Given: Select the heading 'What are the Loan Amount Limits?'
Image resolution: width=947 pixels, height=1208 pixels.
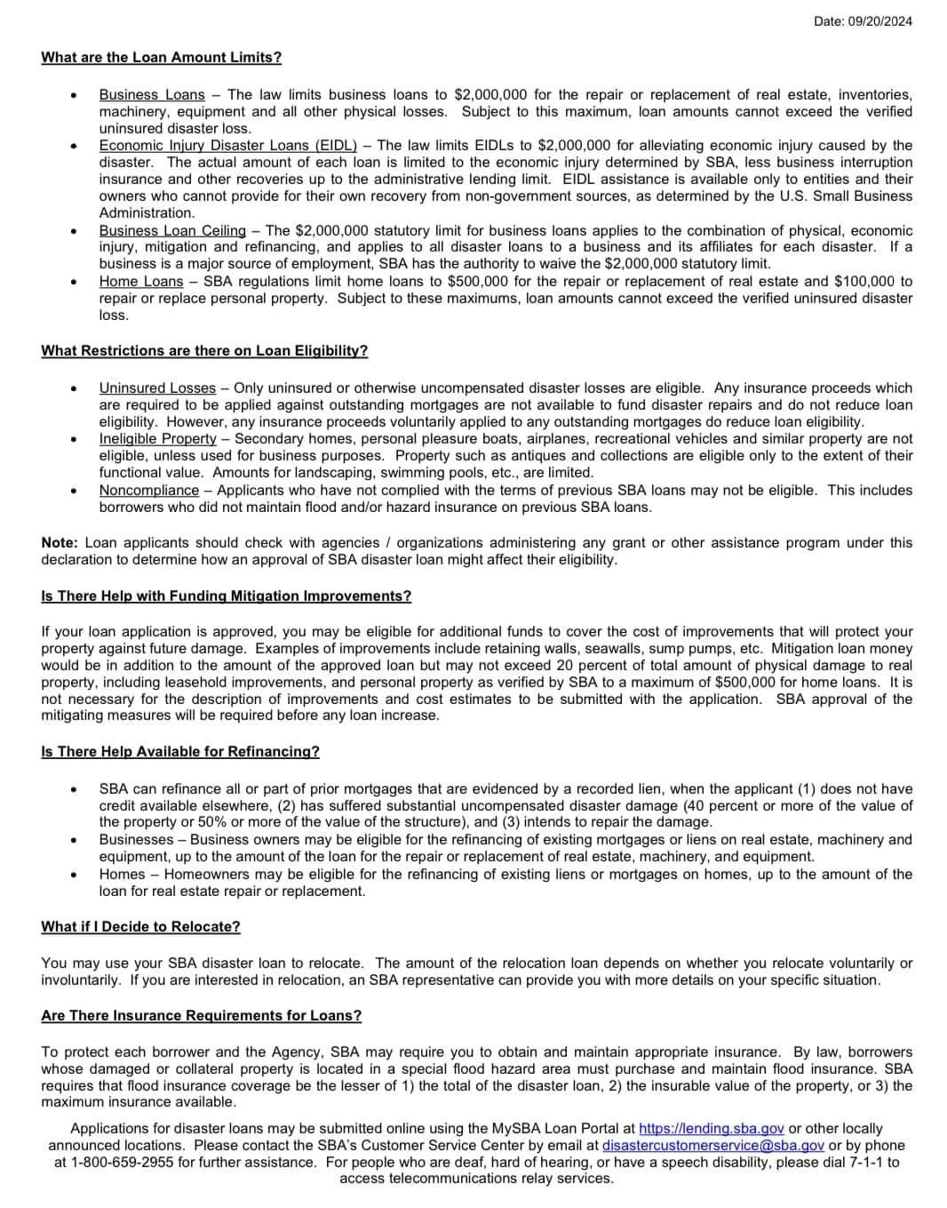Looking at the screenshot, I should pos(161,58).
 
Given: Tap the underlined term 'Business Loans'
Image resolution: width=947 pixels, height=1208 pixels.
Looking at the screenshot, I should pos(152,94).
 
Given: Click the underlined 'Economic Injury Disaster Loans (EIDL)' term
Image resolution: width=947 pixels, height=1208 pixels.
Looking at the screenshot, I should pos(227,145).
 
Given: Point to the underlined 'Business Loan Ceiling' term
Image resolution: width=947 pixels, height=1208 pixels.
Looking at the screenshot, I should pos(172,230).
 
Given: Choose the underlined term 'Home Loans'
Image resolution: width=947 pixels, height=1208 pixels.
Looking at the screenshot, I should pos(141,281).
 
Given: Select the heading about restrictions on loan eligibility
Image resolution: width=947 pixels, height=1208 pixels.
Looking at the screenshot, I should pos(204,350).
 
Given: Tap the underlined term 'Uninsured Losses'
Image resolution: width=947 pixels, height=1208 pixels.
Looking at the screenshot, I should pos(157,388).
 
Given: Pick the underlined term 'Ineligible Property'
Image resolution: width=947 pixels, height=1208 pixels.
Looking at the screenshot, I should pos(158,438).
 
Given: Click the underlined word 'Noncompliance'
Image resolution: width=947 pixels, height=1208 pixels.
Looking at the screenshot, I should pos(149,490).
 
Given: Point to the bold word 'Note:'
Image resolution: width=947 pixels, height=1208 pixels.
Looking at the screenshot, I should pos(60,542).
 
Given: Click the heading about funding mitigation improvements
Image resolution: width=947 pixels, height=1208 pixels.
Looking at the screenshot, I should pos(226,596).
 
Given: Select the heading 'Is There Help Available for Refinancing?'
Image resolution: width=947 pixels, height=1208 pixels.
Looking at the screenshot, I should pos(180,751).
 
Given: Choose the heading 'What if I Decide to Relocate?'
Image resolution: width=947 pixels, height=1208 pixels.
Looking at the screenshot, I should pos(140,926).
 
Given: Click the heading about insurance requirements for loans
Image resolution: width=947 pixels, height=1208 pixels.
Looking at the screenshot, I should pos(201,1015).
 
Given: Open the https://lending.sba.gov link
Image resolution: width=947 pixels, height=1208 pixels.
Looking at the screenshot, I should pos(712,1128).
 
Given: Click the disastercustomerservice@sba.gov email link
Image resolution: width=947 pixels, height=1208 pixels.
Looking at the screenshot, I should pos(712,1145).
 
